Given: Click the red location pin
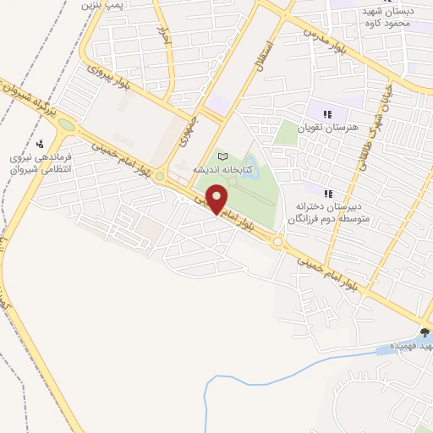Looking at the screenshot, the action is pos(218,200).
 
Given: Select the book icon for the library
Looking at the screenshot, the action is pos(223,156).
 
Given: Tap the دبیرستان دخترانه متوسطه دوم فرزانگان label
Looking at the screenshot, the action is pos(329,211).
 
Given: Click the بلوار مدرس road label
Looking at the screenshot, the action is pos(321,37).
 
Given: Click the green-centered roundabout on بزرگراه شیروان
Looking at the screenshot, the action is pos(66,128).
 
